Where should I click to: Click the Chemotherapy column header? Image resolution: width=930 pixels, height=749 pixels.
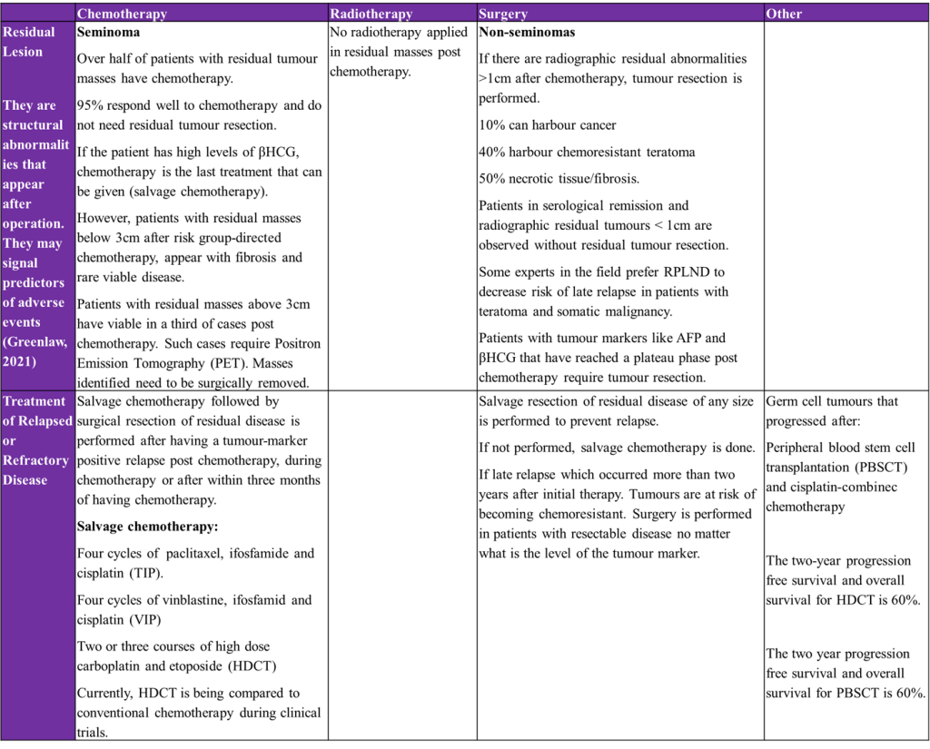[122, 14]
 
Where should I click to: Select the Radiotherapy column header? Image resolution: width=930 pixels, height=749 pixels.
[371, 14]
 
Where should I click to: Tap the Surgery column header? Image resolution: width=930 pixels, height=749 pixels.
[504, 14]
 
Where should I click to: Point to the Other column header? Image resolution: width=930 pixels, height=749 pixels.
[784, 14]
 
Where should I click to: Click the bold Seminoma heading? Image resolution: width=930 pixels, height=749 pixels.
[108, 32]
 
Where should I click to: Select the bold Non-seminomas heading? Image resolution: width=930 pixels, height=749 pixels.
[527, 32]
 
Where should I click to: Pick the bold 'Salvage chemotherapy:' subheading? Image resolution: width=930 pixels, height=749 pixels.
[147, 527]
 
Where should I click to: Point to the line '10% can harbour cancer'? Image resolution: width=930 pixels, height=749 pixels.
[548, 125]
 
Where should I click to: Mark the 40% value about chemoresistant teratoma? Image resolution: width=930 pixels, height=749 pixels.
[492, 153]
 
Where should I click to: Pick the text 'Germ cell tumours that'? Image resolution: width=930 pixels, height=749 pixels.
[832, 401]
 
